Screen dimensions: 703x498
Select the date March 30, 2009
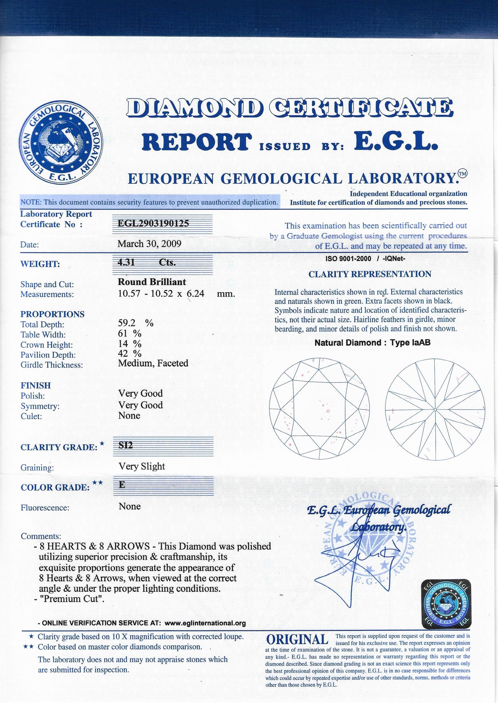149,244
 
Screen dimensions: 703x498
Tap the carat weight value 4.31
126,262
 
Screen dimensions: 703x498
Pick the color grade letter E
122,485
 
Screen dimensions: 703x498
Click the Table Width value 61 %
130,333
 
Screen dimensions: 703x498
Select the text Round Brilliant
152,282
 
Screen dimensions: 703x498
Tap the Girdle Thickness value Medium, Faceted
153,363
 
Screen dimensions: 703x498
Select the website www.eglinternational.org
205,623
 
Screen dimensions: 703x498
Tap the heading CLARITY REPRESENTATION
370,274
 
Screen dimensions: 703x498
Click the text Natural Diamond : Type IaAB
372,343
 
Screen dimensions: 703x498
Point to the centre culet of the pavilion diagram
435,409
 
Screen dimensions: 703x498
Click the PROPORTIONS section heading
53,314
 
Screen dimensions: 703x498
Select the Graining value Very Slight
141,466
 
